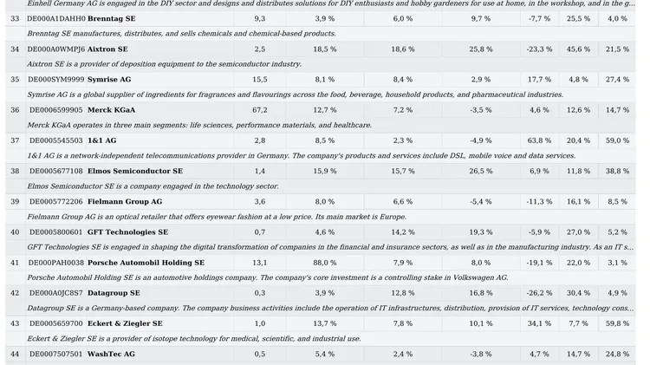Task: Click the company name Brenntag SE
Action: [x=112, y=19]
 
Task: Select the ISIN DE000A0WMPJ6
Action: [x=56, y=49]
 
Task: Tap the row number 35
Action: [x=15, y=79]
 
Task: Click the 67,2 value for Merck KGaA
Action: [x=260, y=110]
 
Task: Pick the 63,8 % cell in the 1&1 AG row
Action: [x=539, y=140]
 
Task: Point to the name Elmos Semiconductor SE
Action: [x=135, y=171]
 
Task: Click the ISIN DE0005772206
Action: [x=56, y=202]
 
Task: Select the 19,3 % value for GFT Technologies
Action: [x=481, y=232]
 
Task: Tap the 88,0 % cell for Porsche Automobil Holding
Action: [x=325, y=263]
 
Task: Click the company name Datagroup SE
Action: [x=114, y=293]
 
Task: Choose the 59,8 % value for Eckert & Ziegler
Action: [x=617, y=323]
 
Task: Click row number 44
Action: [x=15, y=354]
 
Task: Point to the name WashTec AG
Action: [x=111, y=354]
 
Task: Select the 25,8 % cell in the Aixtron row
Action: [x=481, y=49]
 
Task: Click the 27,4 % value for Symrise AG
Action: [x=617, y=79]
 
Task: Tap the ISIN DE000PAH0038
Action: [x=56, y=263]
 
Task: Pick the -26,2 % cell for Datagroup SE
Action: [x=539, y=293]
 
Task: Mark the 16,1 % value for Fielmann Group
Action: [x=578, y=202]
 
